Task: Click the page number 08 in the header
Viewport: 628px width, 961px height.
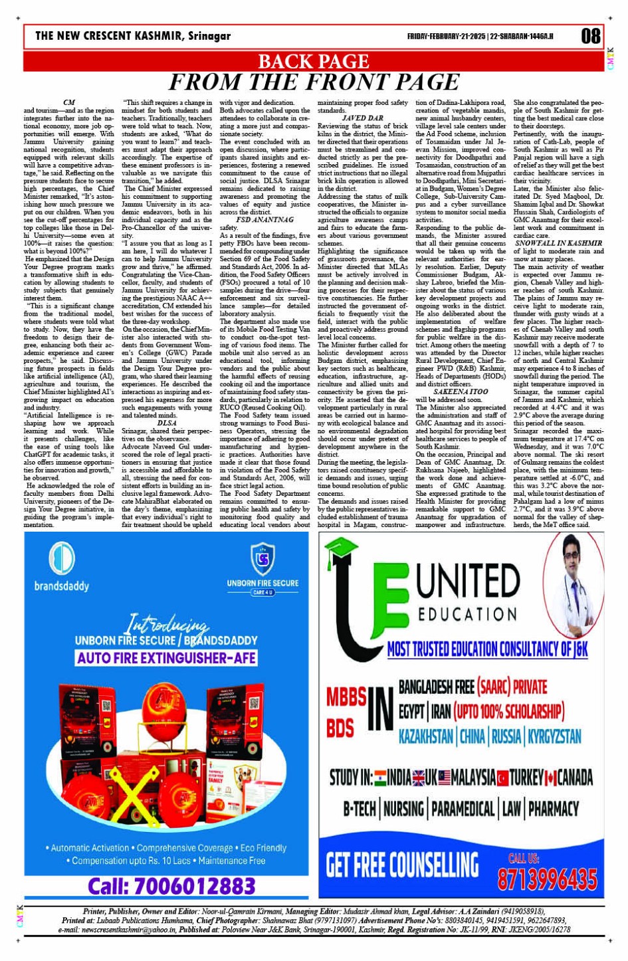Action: point(590,36)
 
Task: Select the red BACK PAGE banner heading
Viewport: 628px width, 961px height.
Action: point(313,62)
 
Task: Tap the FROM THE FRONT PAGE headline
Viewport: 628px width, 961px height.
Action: point(313,82)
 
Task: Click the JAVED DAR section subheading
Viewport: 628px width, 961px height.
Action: point(363,118)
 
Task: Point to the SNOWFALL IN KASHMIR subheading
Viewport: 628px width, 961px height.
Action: point(559,243)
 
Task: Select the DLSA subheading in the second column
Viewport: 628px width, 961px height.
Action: point(167,423)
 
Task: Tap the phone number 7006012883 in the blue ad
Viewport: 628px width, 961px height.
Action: point(171,886)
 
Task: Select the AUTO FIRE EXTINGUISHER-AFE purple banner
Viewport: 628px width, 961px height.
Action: point(166,658)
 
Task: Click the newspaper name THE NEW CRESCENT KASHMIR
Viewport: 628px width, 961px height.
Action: point(133,36)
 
